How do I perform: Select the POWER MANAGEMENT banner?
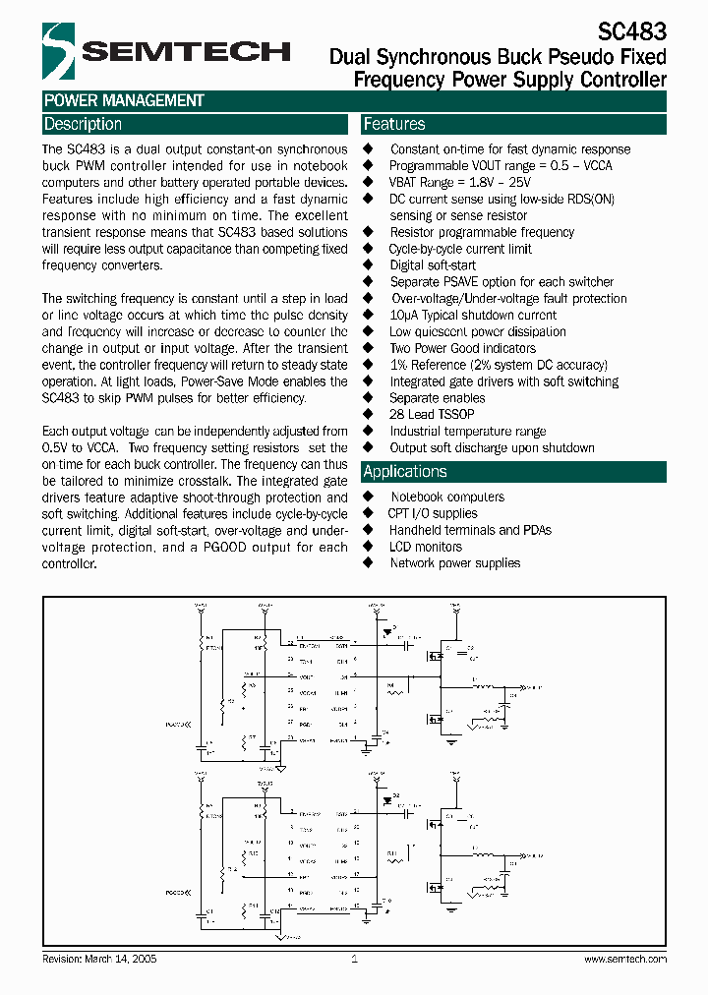[124, 100]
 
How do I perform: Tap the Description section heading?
[83, 124]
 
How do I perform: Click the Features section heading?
[394, 124]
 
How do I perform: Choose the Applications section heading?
[405, 472]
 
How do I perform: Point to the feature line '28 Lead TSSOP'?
[431, 415]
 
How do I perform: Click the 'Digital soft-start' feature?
[433, 265]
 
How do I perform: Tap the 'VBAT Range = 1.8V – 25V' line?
[459, 182]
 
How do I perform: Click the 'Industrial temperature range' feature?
[467, 432]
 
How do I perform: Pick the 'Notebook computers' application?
[447, 497]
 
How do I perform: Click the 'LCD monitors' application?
[425, 547]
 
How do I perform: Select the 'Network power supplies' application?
[455, 563]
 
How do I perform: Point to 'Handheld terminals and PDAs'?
[470, 530]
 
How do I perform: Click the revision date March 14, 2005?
[100, 959]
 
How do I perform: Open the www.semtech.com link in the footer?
[625, 959]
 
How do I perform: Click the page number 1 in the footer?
[354, 959]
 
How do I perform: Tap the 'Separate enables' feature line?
[437, 398]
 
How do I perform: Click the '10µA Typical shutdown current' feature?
[473, 316]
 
